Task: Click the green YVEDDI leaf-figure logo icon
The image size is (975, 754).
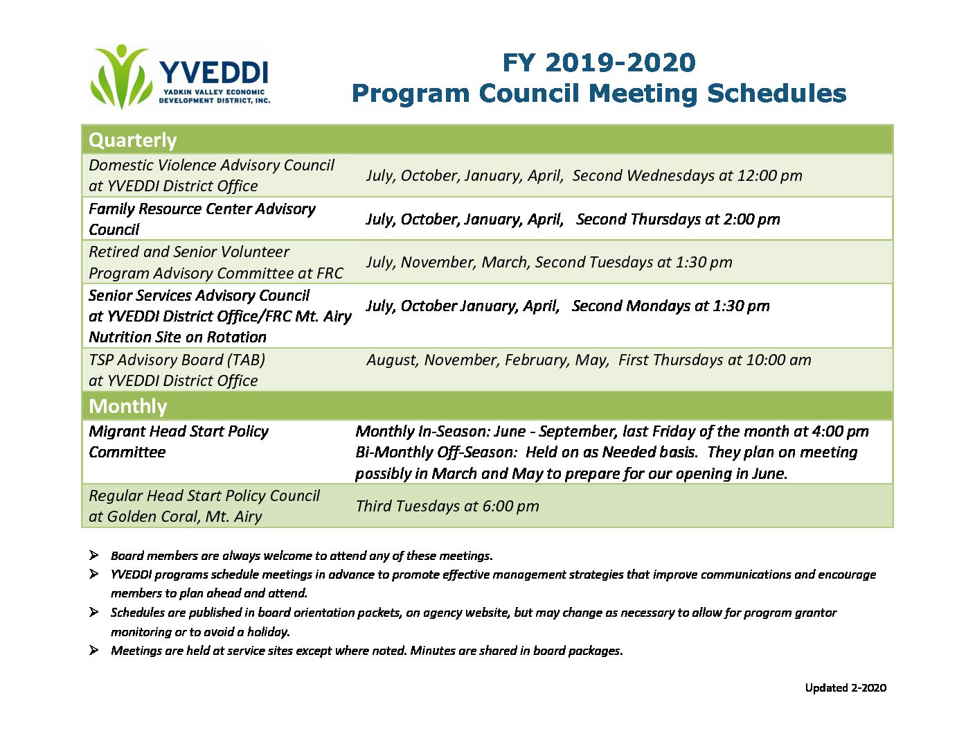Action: coord(121,76)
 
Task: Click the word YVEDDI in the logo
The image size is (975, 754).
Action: coord(213,72)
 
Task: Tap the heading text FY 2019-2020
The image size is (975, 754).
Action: coord(598,62)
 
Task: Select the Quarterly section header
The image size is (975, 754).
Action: coord(133,140)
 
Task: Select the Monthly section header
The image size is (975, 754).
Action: coord(128,406)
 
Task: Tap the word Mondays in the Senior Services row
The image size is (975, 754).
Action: coord(659,306)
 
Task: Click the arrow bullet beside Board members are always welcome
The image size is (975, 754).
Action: coord(93,556)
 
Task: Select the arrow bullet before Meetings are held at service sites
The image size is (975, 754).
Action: coord(93,650)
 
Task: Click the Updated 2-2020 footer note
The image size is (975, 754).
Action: coord(846,688)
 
